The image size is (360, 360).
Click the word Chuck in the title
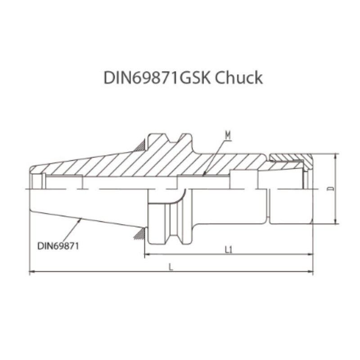pos(239,78)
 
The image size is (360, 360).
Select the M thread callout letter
pos(228,135)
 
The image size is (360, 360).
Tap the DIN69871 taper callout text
pos(59,246)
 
